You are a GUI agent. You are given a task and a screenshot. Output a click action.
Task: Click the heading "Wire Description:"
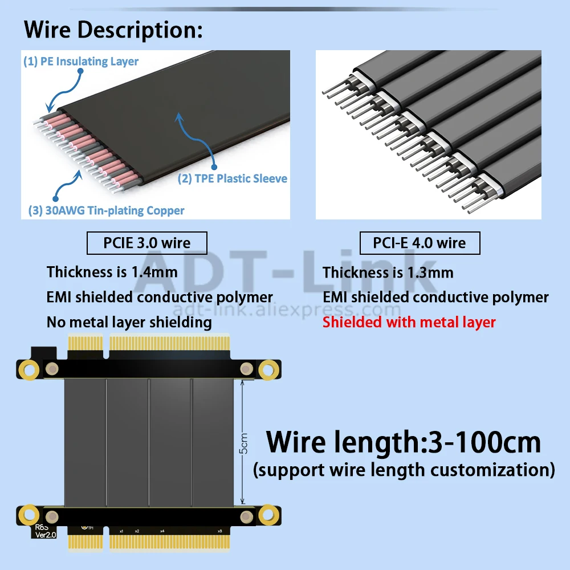(113, 30)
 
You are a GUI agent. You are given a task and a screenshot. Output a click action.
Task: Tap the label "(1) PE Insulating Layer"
(81, 61)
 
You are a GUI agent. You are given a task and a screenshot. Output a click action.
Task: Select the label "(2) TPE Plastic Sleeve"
(233, 178)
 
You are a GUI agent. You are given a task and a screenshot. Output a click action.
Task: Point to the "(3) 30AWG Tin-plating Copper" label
(107, 210)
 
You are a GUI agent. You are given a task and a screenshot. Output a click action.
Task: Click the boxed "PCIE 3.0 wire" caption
(146, 243)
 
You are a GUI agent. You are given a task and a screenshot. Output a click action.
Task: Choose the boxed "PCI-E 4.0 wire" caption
(420, 243)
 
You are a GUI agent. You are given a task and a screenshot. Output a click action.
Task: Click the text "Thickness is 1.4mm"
(112, 272)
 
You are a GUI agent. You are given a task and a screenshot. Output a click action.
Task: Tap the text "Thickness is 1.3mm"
(388, 272)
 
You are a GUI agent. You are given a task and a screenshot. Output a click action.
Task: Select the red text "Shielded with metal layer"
(409, 322)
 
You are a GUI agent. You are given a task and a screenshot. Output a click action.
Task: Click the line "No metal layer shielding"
(129, 322)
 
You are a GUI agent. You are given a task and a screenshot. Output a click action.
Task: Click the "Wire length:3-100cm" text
(404, 442)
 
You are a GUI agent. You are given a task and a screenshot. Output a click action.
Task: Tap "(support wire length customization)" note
(404, 470)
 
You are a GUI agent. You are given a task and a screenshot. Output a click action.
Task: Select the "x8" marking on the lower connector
(220, 531)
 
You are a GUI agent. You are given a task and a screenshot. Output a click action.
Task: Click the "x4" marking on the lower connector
(162, 531)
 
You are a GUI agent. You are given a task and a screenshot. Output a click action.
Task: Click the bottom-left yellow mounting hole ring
(27, 516)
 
